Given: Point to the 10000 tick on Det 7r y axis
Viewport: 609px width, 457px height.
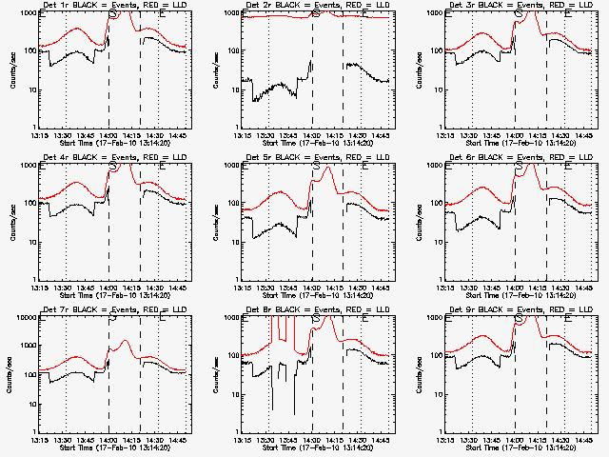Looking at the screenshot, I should (26, 316).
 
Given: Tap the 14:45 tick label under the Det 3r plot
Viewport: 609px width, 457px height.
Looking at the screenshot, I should (585, 135).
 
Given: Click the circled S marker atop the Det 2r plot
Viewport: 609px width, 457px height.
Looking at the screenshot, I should (316, 14).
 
